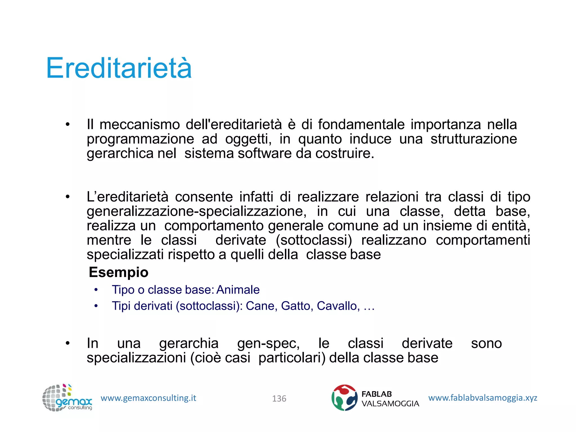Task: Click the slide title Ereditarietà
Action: pos(119,68)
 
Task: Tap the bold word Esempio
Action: pos(118,272)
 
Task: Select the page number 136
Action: pos(279,399)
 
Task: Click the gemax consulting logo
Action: pos(67,398)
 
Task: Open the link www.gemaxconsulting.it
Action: pos(148,398)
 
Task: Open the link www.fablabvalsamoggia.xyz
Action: pos(483,398)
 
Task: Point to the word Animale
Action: pos(238,290)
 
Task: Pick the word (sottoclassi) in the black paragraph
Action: pos(314,240)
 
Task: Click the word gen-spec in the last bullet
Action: pos(268,344)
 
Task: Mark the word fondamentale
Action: pos(361,125)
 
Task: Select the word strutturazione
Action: pos(474,139)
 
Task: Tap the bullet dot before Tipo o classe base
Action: pos(96,290)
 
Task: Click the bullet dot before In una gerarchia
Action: pos(67,343)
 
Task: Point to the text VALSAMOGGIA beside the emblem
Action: pos(390,404)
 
